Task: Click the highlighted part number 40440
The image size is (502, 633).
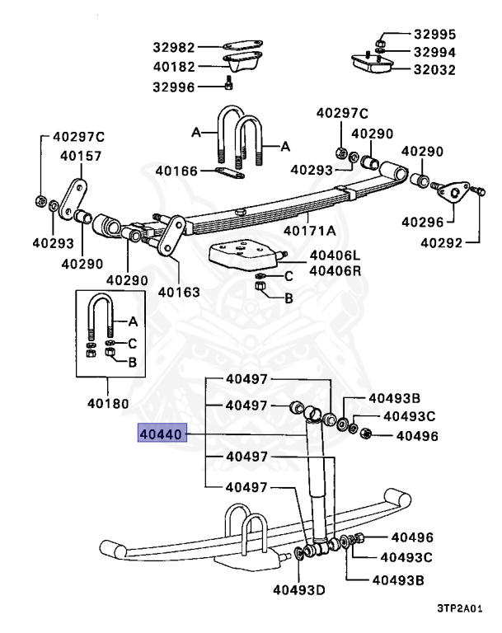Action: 162,434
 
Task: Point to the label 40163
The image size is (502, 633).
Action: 179,291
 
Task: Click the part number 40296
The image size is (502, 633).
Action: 422,221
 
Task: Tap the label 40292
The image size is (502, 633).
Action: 443,241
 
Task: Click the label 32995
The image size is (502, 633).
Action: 434,35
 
